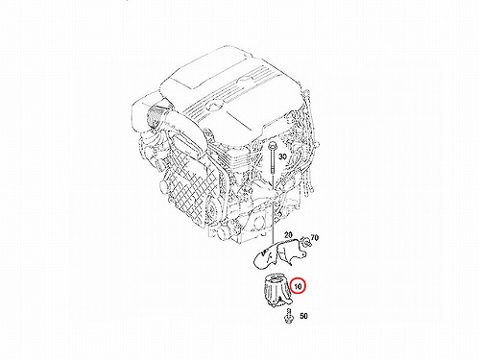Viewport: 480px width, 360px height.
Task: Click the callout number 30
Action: (x=282, y=156)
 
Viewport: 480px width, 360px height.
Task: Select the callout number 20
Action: (x=288, y=235)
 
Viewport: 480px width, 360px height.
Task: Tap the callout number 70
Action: (x=315, y=238)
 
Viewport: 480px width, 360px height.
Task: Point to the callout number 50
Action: (x=303, y=316)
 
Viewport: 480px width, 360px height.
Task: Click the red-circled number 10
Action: (x=298, y=286)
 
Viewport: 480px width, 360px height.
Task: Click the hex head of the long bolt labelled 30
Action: (x=273, y=147)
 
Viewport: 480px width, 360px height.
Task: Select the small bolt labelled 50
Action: (x=289, y=316)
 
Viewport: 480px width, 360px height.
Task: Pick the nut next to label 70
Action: (x=306, y=242)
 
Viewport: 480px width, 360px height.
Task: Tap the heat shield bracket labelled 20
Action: (x=279, y=253)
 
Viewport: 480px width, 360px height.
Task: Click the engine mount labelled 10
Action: (x=277, y=291)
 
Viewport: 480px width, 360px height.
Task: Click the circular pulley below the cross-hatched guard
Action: (x=212, y=210)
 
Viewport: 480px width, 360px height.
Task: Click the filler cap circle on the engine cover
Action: (x=211, y=104)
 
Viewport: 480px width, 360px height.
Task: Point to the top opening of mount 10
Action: (x=276, y=279)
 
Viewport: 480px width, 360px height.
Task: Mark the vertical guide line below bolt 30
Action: (x=273, y=208)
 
